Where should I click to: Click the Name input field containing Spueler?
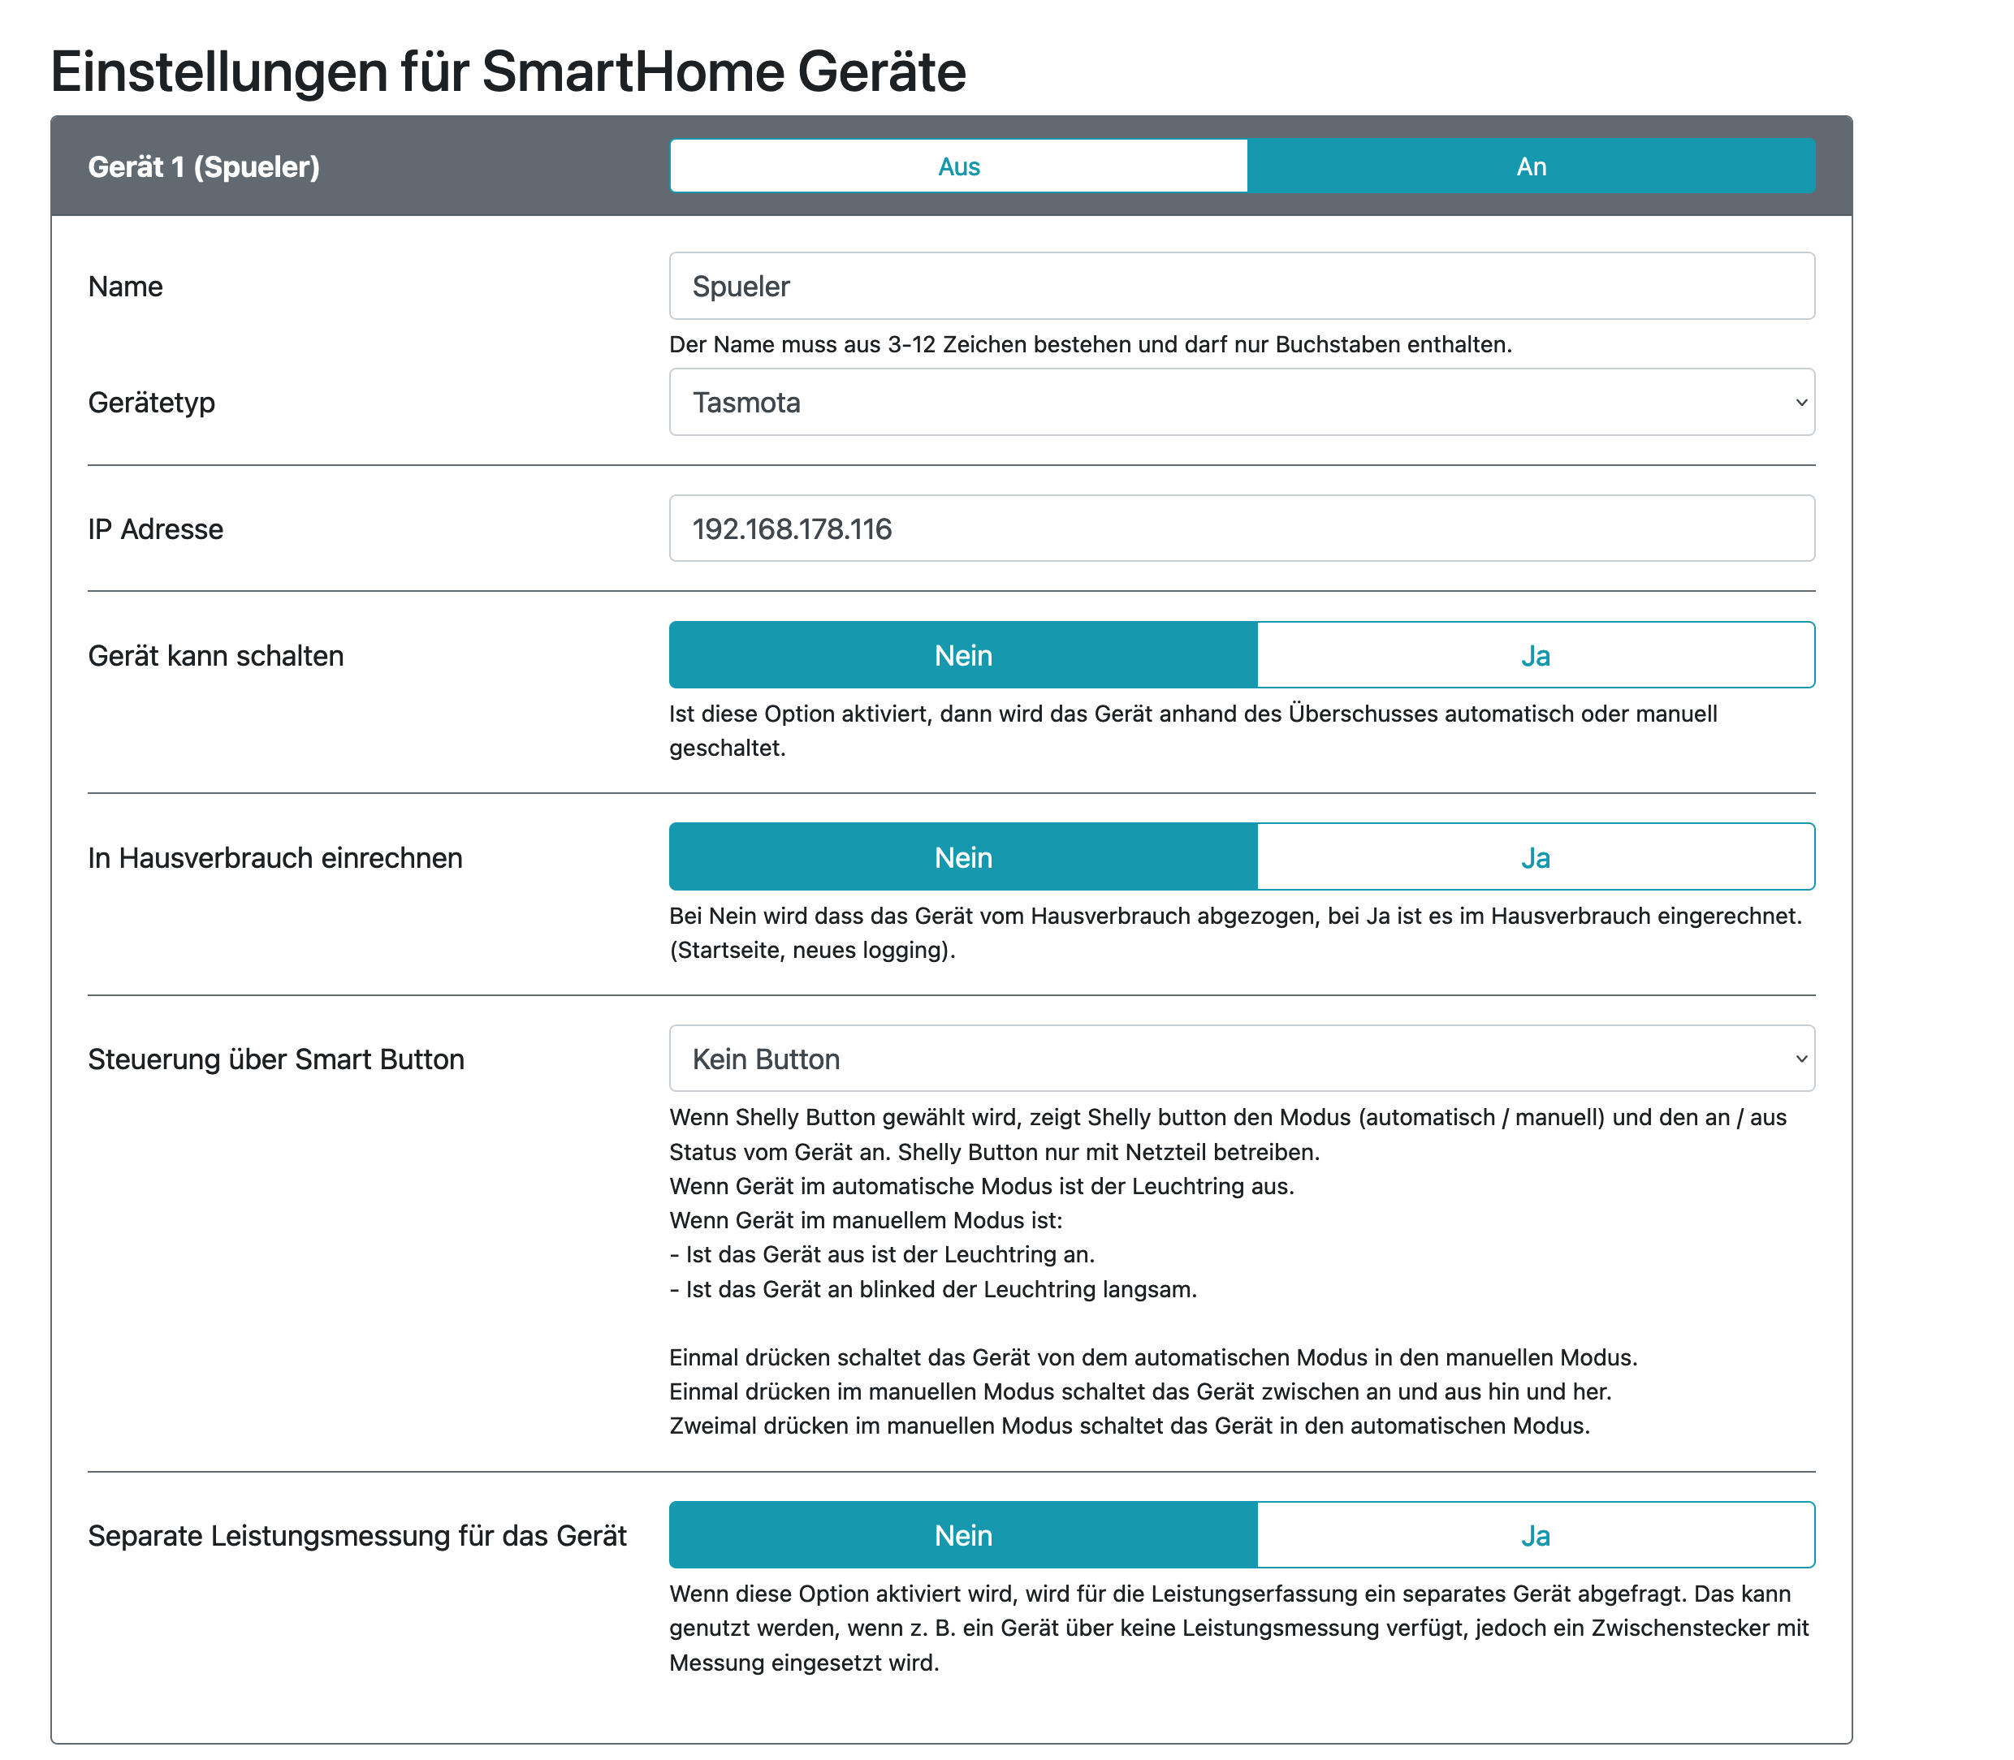click(x=1241, y=286)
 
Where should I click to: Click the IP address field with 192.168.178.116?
click(x=1241, y=528)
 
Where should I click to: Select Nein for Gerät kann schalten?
click(x=963, y=655)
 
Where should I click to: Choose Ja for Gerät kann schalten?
click(x=1535, y=655)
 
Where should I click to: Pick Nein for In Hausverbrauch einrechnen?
click(x=963, y=857)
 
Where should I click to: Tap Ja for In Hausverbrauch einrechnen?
click(x=1535, y=857)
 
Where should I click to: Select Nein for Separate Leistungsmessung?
click(x=963, y=1535)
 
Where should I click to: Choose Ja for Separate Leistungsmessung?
click(x=1535, y=1535)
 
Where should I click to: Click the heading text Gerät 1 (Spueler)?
click(x=203, y=167)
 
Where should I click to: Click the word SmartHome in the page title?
click(x=633, y=71)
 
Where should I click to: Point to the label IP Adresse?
click(x=155, y=529)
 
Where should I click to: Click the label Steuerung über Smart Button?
click(x=275, y=1059)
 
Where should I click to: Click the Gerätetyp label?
click(x=151, y=403)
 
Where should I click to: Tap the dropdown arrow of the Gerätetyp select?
click(x=1800, y=403)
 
